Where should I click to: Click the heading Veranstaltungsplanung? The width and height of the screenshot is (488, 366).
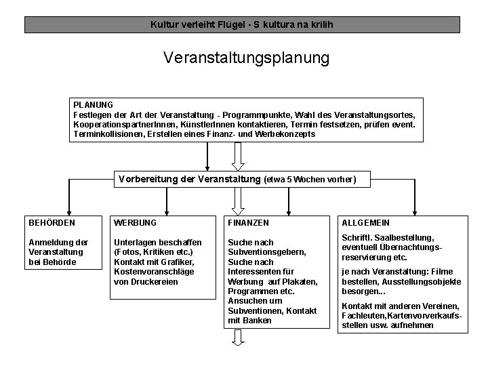pos(246,58)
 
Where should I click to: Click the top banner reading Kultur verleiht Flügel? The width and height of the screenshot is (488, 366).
pos(242,25)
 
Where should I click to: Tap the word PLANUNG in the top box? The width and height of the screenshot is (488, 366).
pos(94,105)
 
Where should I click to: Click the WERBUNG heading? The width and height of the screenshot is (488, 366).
pos(135,222)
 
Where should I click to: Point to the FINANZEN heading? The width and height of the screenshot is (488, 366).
pos(249,222)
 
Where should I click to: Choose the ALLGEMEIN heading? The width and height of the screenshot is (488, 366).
pos(366,222)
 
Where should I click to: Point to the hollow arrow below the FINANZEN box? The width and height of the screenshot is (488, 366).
pos(238,337)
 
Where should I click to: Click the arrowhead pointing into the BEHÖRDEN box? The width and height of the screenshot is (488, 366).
pos(68,210)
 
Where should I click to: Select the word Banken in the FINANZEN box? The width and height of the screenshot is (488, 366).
pos(258,320)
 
